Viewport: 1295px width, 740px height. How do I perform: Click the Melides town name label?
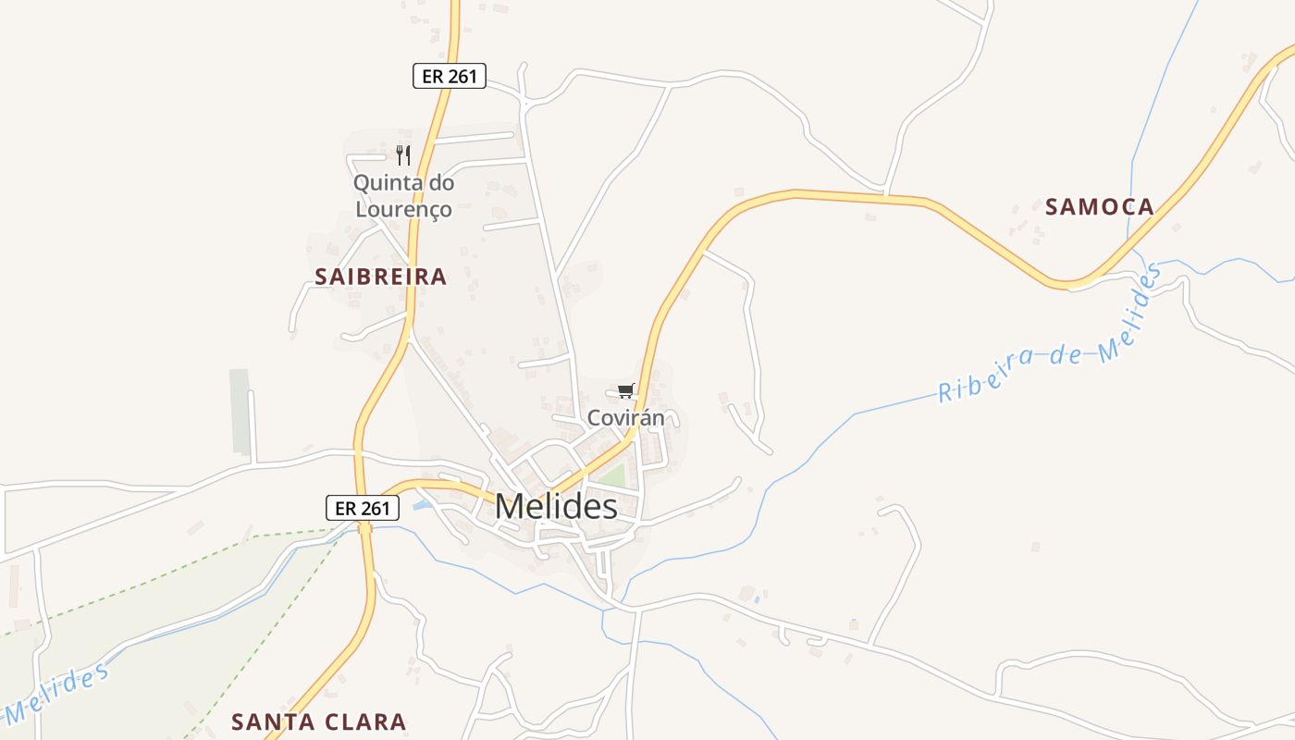(556, 506)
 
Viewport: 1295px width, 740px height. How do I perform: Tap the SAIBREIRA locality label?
(380, 276)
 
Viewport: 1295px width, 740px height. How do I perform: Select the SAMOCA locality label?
(1100, 206)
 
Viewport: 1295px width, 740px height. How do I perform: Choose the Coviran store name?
(626, 418)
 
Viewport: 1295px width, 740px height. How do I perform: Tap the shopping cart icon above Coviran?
(626, 390)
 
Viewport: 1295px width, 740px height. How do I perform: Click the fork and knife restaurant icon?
(402, 154)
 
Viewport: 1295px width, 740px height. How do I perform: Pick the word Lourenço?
(404, 209)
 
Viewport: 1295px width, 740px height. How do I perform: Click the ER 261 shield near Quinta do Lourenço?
(449, 76)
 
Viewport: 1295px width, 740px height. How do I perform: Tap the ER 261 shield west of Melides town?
(363, 507)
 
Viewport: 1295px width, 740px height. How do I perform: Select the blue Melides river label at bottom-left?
(55, 694)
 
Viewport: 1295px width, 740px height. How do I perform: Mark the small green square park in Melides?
(612, 476)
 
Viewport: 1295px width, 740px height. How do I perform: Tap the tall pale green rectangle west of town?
(240, 411)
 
